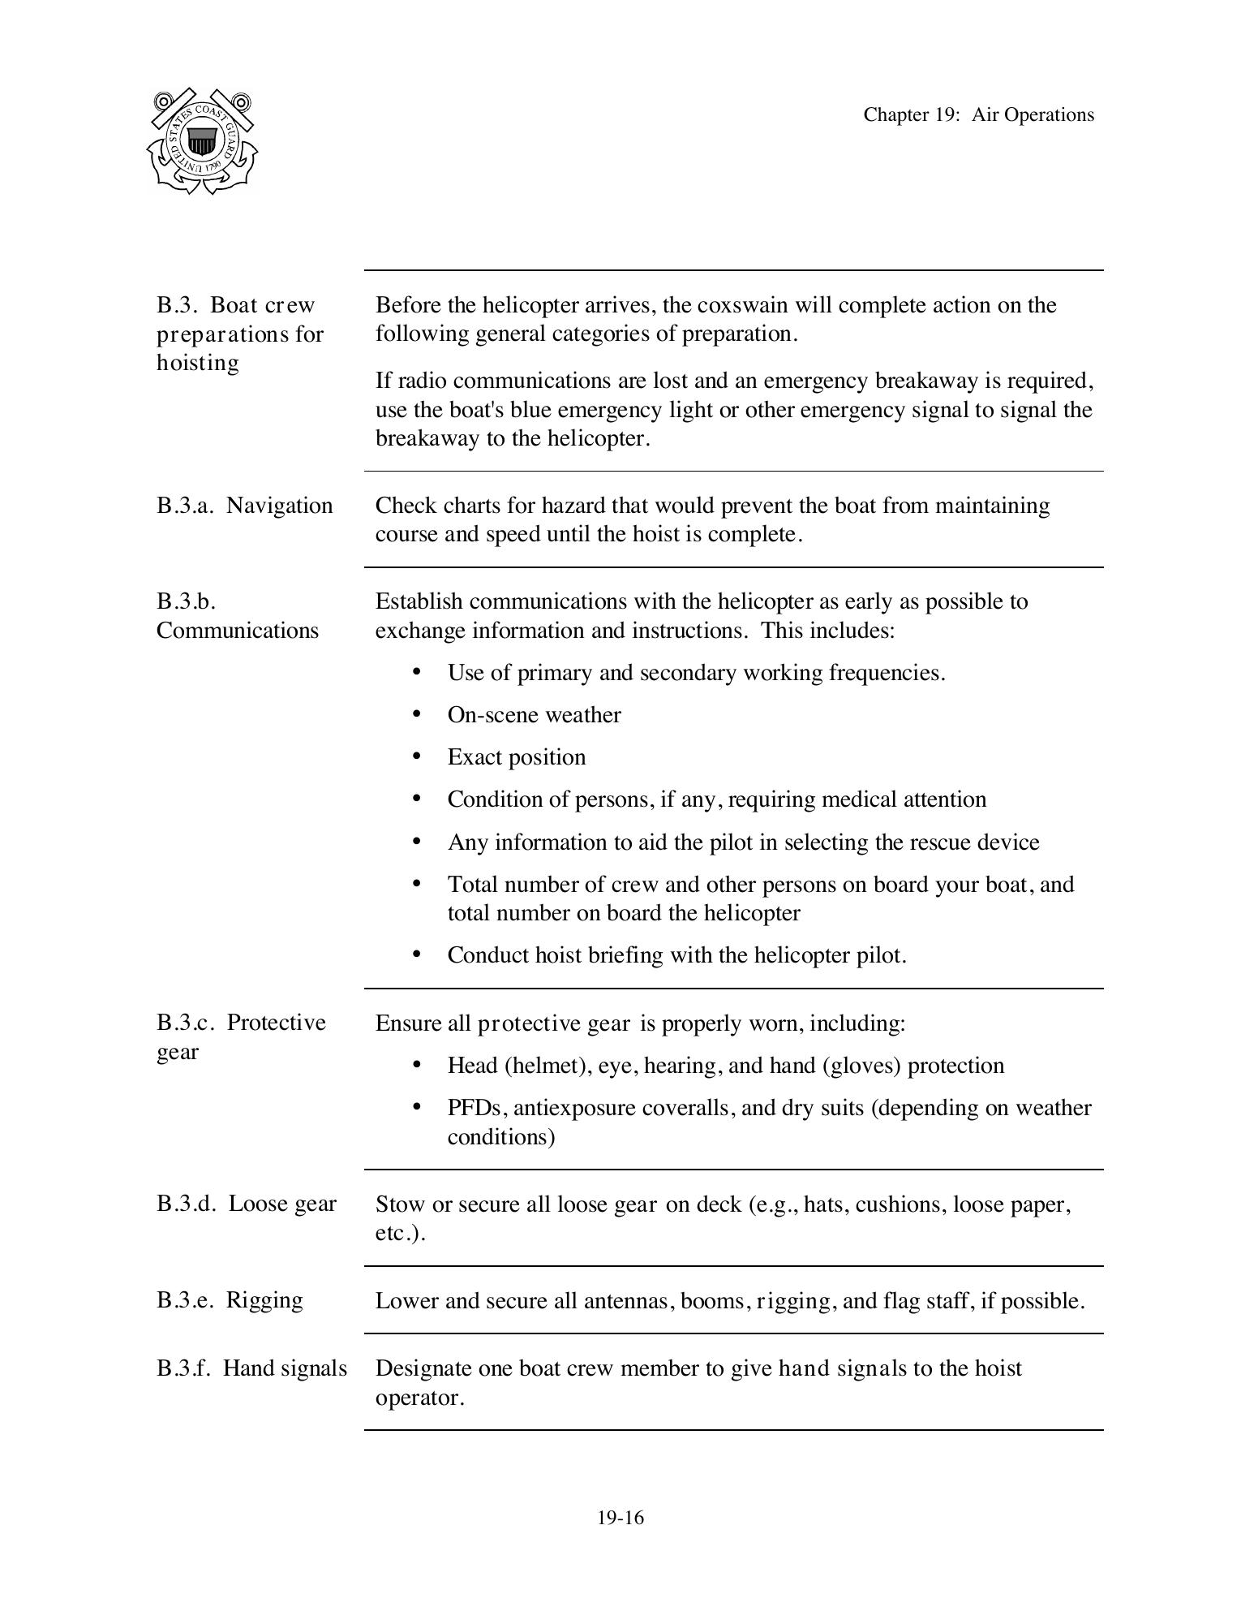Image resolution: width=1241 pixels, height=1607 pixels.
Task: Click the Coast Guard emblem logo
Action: pyautogui.click(x=203, y=141)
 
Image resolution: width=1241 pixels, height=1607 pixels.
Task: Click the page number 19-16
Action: pyautogui.click(x=620, y=1518)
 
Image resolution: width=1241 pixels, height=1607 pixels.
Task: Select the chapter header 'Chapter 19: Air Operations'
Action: pyautogui.click(x=978, y=114)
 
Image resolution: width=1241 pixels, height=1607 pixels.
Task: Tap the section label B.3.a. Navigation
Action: pyautogui.click(x=244, y=505)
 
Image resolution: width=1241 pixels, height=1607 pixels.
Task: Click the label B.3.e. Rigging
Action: pyautogui.click(x=230, y=1299)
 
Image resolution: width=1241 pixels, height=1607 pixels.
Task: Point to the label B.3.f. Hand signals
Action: pyautogui.click(x=251, y=1368)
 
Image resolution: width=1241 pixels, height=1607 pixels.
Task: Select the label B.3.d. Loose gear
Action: pyautogui.click(x=246, y=1203)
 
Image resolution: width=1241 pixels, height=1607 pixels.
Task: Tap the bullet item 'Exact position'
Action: pyautogui.click(x=516, y=756)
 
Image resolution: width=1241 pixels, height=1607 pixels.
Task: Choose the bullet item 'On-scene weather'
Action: pyautogui.click(x=534, y=714)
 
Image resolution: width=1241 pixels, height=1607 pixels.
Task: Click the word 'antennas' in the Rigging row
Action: pyautogui.click(x=626, y=1300)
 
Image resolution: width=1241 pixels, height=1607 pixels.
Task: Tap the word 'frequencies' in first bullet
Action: pyautogui.click(x=886, y=673)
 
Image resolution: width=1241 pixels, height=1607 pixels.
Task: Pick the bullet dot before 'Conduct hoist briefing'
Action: pyautogui.click(x=417, y=954)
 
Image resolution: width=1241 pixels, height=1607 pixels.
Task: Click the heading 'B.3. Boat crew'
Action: pyautogui.click(x=235, y=305)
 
